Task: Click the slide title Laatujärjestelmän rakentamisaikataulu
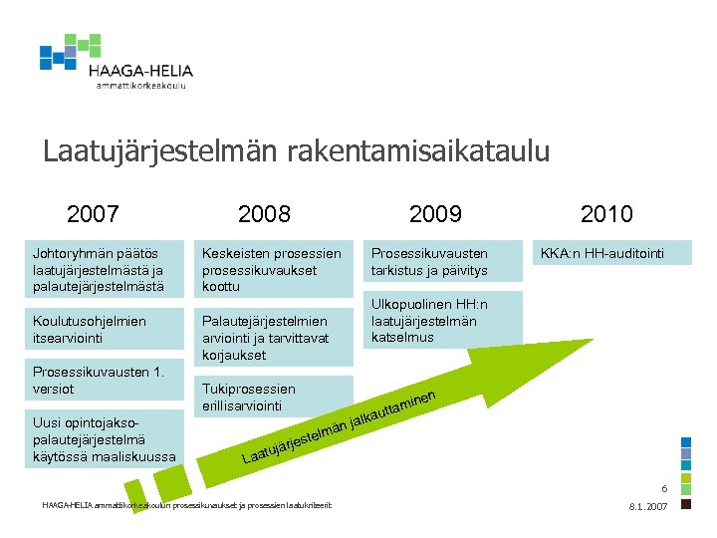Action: (x=296, y=151)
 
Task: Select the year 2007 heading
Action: (x=93, y=214)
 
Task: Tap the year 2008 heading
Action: (x=265, y=214)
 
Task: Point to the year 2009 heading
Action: (x=435, y=214)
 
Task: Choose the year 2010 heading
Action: (x=606, y=214)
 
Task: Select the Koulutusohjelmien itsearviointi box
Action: (x=108, y=329)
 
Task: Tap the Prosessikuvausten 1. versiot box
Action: (x=108, y=380)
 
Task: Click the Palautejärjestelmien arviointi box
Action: (x=277, y=337)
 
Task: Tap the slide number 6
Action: (x=664, y=489)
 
